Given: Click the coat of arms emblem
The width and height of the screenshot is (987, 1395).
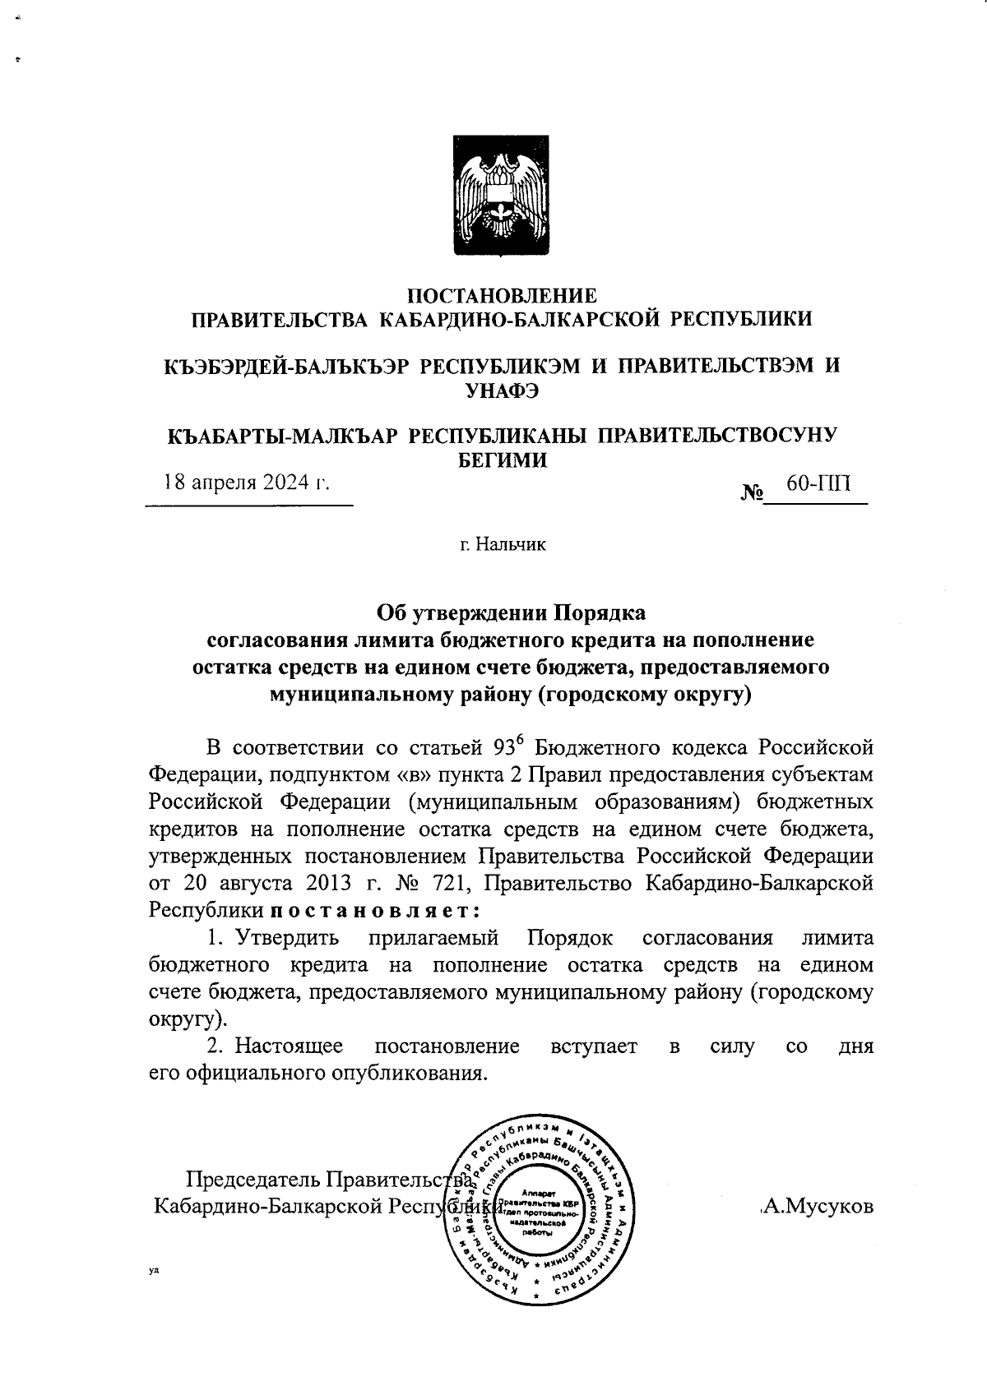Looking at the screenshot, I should tap(502, 197).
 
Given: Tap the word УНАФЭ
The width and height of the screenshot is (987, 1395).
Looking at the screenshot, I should tap(502, 391).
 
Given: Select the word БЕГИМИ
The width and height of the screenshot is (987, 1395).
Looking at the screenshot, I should tap(502, 460).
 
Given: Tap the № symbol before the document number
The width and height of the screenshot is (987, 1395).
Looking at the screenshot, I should tap(752, 493).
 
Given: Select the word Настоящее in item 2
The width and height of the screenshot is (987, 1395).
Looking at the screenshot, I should tap(289, 1046).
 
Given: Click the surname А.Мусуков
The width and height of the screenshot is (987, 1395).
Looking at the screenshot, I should tap(818, 1207).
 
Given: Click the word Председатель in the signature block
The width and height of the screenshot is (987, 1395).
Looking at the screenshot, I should tap(253, 1180).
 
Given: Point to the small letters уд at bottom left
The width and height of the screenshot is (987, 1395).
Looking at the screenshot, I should tap(154, 1271).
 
